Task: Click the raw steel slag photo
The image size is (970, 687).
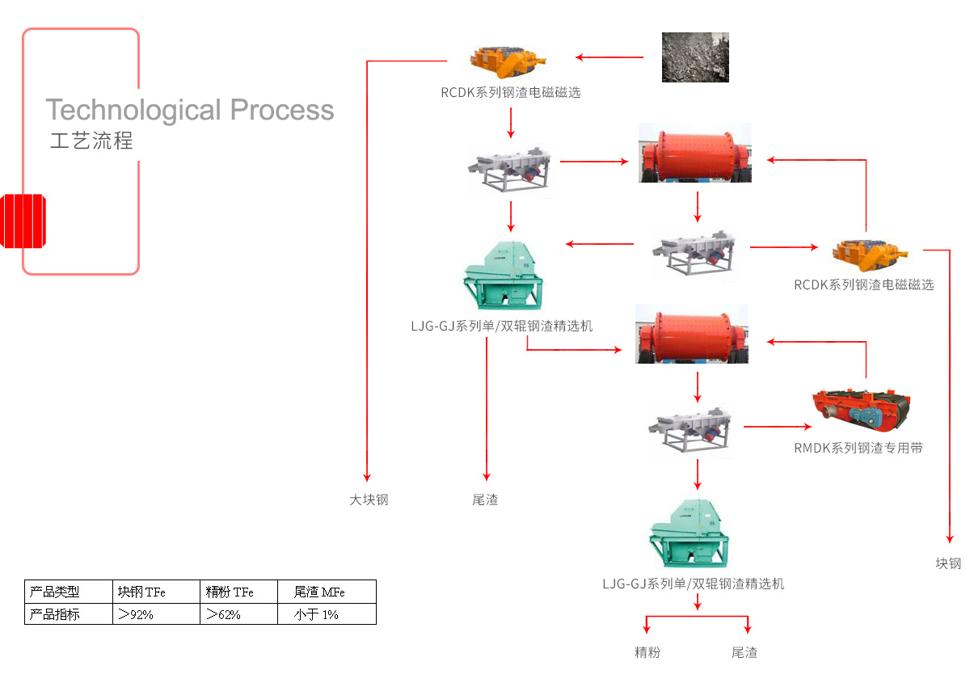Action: (x=695, y=57)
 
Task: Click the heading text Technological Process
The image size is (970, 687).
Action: (x=190, y=110)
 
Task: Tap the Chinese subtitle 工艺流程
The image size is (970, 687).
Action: (x=91, y=141)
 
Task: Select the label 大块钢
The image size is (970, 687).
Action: (x=369, y=499)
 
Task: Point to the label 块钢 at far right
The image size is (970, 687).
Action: (x=948, y=563)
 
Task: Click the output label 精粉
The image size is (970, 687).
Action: (x=647, y=652)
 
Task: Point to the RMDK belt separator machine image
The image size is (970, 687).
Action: (x=864, y=412)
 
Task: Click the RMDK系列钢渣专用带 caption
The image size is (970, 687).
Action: (x=858, y=447)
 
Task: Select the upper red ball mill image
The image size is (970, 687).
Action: (x=694, y=153)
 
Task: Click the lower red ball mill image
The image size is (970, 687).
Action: (x=692, y=334)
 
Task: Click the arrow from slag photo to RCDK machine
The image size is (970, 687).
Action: (x=609, y=57)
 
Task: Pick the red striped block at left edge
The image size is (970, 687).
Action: (x=23, y=221)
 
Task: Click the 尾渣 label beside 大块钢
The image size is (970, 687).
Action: (x=485, y=499)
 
